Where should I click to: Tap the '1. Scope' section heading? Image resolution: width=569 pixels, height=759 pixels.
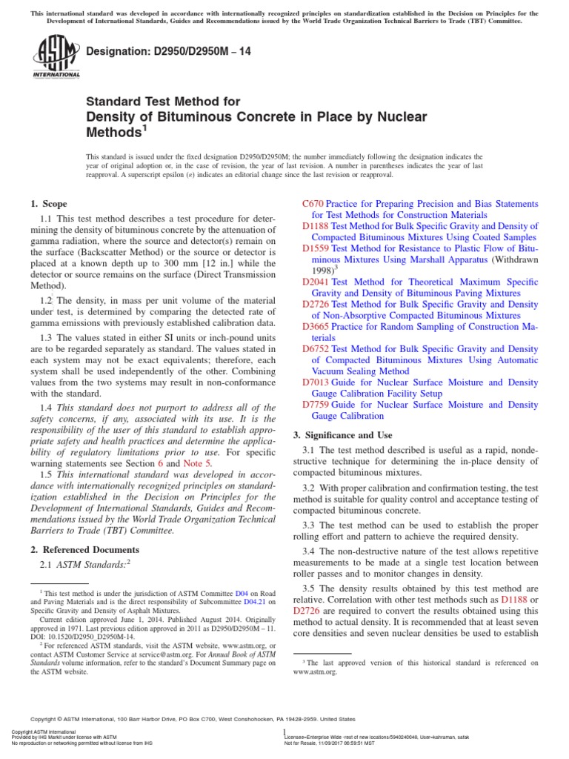[48, 204]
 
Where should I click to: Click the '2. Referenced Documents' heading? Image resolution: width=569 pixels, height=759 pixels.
[84, 549]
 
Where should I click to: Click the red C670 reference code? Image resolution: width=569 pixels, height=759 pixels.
[313, 204]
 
